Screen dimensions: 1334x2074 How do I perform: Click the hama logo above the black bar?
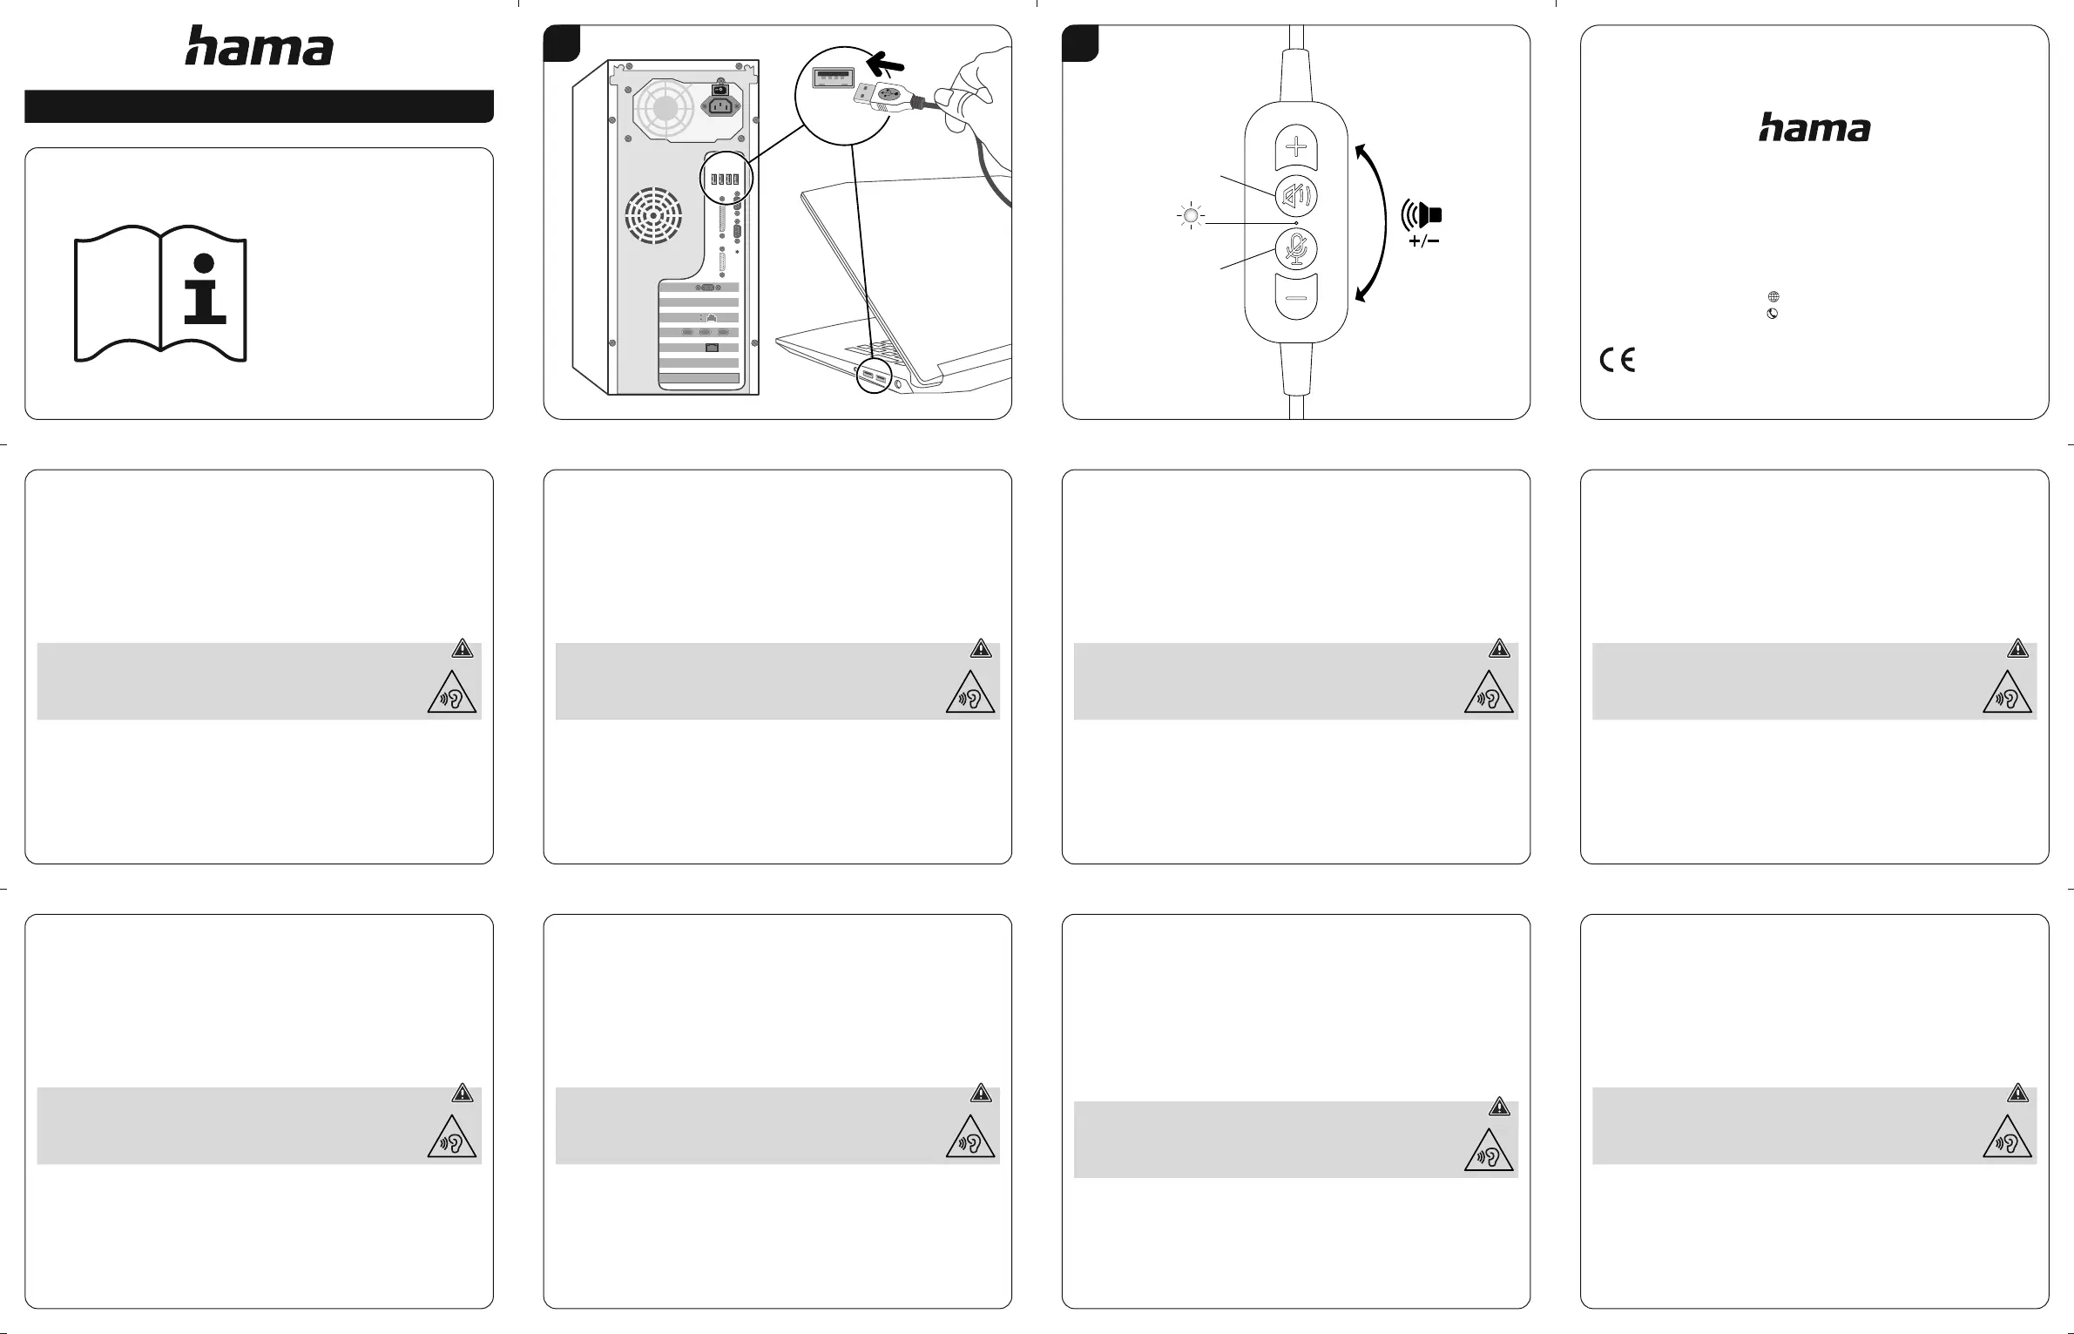coord(259,46)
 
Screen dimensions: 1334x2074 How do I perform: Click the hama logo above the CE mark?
coord(1814,128)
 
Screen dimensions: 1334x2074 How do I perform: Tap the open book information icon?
coord(160,294)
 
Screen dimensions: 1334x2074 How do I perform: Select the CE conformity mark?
coord(1617,360)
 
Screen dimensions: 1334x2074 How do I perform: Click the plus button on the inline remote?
coord(1296,146)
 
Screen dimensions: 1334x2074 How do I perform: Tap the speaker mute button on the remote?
coord(1296,196)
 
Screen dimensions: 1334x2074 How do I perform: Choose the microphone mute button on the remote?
coord(1296,249)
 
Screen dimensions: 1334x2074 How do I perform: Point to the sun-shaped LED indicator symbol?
coord(1190,215)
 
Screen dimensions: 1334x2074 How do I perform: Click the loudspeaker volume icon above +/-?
coord(1422,214)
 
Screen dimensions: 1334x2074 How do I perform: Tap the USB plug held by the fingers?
coord(880,98)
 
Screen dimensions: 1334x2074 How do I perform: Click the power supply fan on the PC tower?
coord(665,108)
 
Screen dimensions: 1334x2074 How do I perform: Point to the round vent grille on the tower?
coord(653,215)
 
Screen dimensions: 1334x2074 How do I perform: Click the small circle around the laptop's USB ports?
coord(874,376)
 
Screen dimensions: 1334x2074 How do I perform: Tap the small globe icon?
coord(1773,297)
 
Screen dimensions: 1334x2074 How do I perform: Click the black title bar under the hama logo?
coord(259,106)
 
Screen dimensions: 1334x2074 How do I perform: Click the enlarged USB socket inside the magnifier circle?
coord(832,78)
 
